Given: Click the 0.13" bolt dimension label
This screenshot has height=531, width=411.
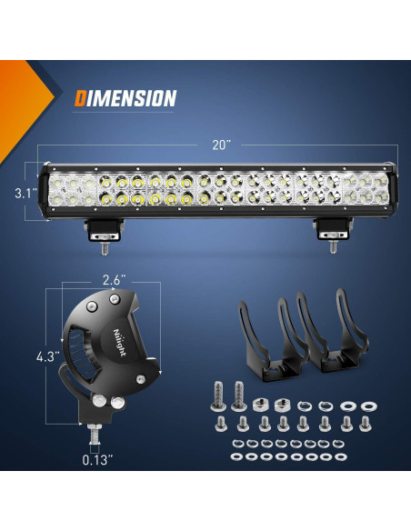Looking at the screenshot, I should [95, 459].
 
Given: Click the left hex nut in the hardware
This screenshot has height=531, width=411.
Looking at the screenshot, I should [260, 404].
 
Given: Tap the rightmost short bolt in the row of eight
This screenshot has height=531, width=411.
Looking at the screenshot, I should [366, 424].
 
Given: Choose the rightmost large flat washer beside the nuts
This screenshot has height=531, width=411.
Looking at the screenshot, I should [368, 405].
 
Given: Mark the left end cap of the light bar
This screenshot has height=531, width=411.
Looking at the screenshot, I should [44, 193].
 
